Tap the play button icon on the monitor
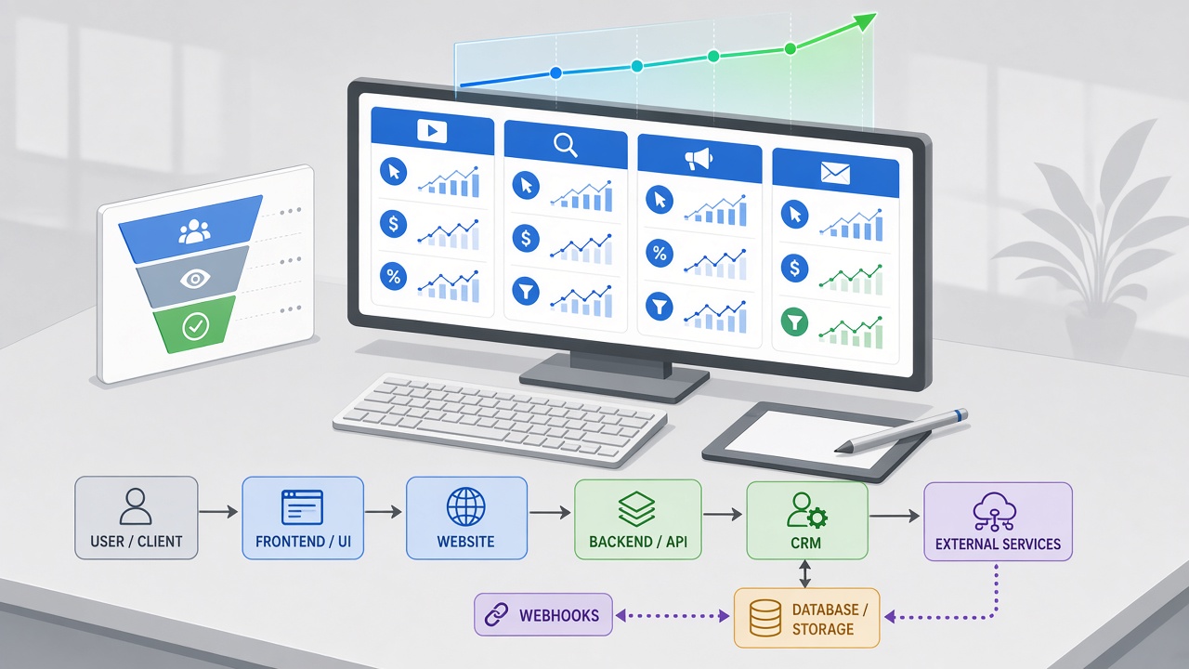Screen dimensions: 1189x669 point(432,131)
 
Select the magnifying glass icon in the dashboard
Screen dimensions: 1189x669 point(566,145)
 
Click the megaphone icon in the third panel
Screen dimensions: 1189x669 point(699,159)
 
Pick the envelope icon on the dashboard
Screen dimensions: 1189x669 point(835,173)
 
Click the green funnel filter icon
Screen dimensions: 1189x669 point(794,322)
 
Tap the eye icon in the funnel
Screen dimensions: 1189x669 point(195,279)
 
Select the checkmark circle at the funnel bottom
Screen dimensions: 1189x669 point(195,326)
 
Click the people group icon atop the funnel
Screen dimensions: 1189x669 point(194,231)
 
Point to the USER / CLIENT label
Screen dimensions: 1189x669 point(137,542)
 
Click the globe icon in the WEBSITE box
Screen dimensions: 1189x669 point(466,507)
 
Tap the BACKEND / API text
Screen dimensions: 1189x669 point(638,542)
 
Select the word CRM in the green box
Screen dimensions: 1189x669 point(805,544)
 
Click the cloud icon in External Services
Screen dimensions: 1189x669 point(995,512)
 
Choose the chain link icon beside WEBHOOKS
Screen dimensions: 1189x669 point(497,615)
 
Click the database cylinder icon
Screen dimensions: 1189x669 point(764,618)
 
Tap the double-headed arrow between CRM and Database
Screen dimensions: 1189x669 point(805,574)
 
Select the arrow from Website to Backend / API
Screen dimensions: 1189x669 point(550,512)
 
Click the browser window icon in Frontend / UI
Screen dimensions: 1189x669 point(302,507)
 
